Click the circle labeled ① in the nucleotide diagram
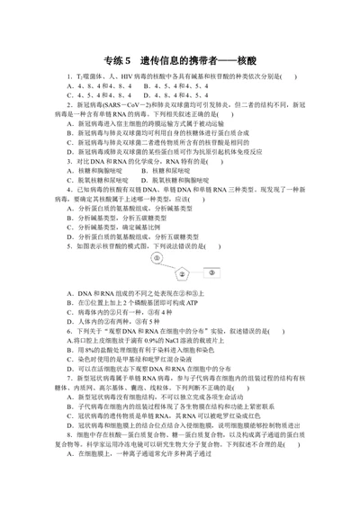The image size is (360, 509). point(157,258)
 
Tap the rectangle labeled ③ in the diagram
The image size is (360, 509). point(210,269)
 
